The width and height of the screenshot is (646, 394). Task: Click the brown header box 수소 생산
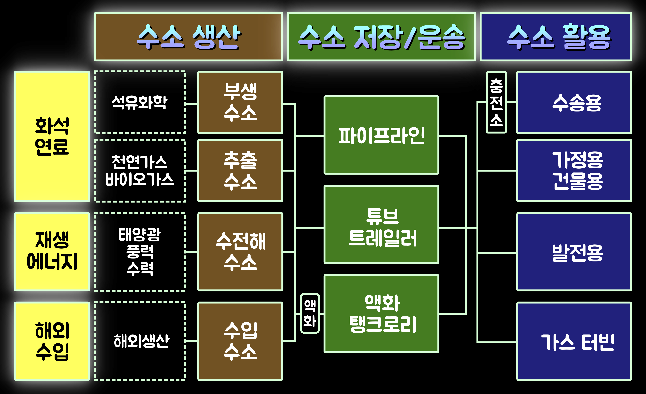pyautogui.click(x=189, y=37)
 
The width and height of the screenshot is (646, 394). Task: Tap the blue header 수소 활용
pyautogui.click(x=556, y=37)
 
